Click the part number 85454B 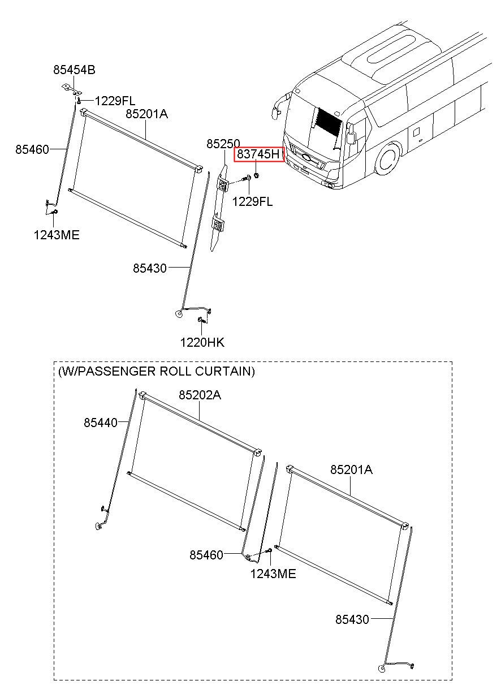coord(74,70)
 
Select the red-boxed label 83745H coord(259,154)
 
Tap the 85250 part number coord(223,144)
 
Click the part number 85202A coord(200,395)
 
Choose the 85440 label coord(101,423)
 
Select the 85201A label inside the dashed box coord(351,469)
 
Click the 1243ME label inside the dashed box coord(273,574)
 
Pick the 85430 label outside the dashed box coord(149,269)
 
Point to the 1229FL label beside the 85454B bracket coord(115,101)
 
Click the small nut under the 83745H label coord(257,175)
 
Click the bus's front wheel coord(387,160)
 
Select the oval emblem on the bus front coord(306,157)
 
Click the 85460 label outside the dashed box coord(32,149)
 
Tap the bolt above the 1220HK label coord(201,320)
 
